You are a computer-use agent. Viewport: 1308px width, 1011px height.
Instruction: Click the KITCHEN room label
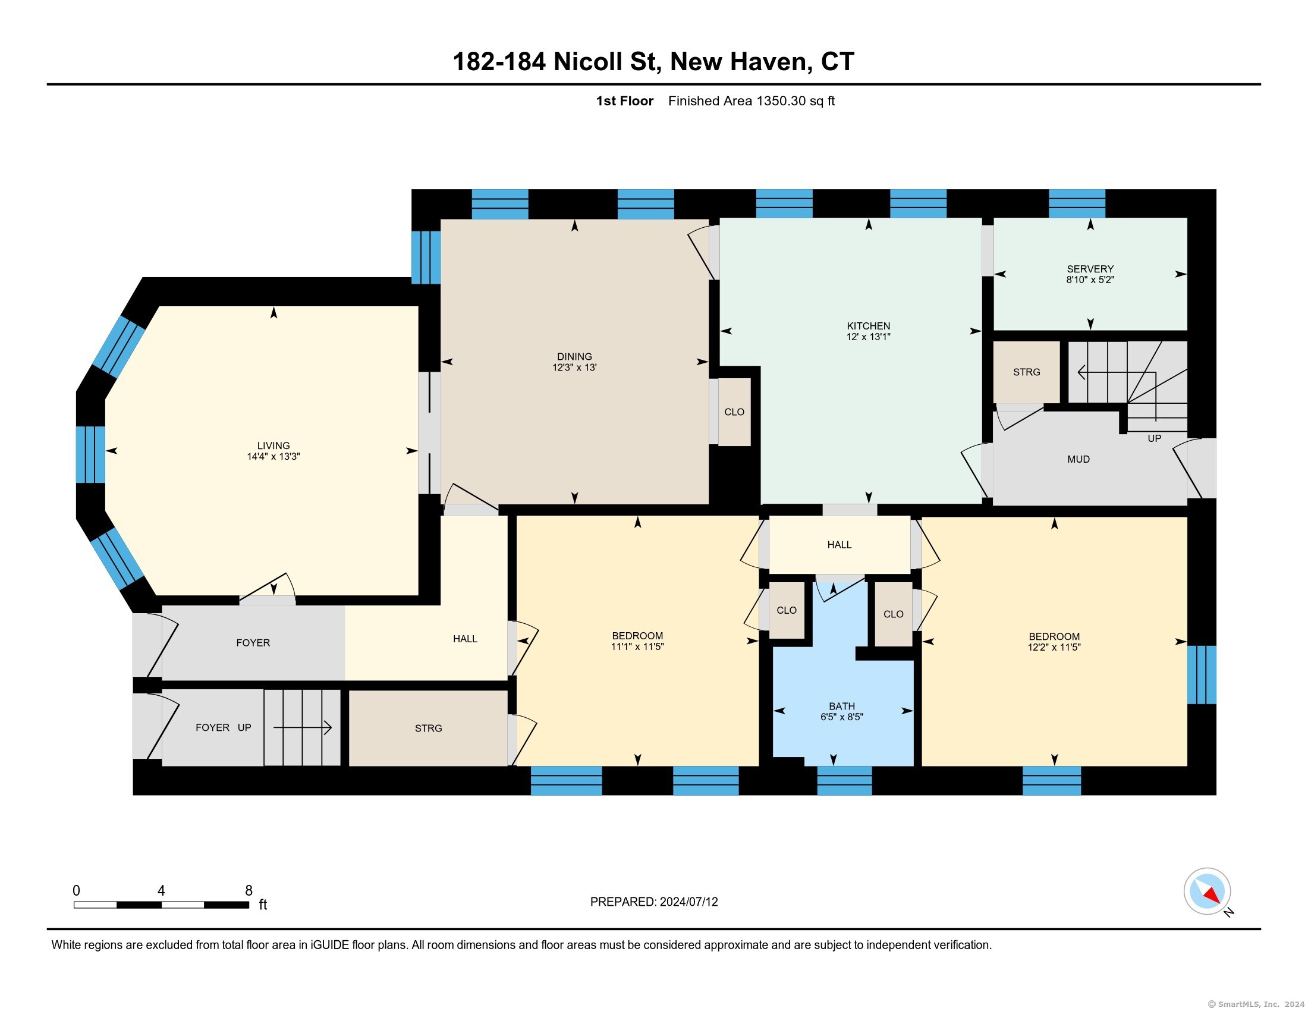point(869,326)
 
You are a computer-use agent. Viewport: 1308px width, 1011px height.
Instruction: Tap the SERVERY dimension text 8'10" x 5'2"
point(1090,280)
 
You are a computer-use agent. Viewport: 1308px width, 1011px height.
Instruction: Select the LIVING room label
point(273,445)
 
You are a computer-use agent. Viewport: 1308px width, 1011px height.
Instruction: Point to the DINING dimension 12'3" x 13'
point(574,367)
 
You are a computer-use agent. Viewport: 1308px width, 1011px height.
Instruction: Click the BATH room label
point(842,706)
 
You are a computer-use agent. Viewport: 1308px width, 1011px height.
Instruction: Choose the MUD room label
point(1079,459)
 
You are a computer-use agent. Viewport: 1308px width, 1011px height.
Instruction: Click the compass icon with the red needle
point(1207,891)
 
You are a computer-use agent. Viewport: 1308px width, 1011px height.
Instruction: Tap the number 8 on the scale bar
point(249,891)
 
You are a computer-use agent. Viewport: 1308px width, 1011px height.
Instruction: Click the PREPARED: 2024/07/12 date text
point(654,902)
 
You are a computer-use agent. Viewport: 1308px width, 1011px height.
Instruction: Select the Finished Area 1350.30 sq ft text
point(752,101)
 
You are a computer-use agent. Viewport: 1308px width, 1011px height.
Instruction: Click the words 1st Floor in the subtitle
point(625,101)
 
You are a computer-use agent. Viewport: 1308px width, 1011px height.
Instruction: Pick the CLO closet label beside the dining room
point(734,412)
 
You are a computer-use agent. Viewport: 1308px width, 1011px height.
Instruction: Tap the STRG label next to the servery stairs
point(1027,372)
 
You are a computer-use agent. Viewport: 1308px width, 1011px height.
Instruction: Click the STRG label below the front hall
point(428,729)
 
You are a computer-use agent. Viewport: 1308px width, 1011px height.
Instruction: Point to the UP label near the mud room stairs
point(1154,438)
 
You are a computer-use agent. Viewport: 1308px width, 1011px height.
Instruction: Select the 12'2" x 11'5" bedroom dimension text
point(1054,648)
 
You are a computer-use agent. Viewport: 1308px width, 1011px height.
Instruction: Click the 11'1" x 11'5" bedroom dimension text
point(637,647)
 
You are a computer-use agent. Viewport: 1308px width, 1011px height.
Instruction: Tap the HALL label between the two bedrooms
point(839,545)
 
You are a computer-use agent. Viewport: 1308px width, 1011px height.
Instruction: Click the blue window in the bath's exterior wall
point(844,780)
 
